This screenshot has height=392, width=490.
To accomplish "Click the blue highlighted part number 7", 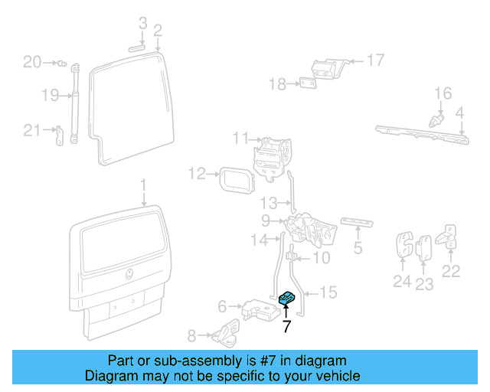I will pyautogui.click(x=289, y=298).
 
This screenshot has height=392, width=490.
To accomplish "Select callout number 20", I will pyautogui.click(x=31, y=62).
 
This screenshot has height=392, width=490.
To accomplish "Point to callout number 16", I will pyautogui.click(x=443, y=93).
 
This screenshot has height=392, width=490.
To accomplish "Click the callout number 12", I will pyautogui.click(x=197, y=174).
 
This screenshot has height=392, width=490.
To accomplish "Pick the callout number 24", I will pyautogui.click(x=402, y=282).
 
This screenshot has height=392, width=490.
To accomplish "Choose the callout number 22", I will pyautogui.click(x=451, y=270).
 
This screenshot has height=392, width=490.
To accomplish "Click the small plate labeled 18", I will pyautogui.click(x=309, y=83).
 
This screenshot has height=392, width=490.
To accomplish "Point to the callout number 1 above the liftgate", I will pyautogui.click(x=142, y=185).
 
